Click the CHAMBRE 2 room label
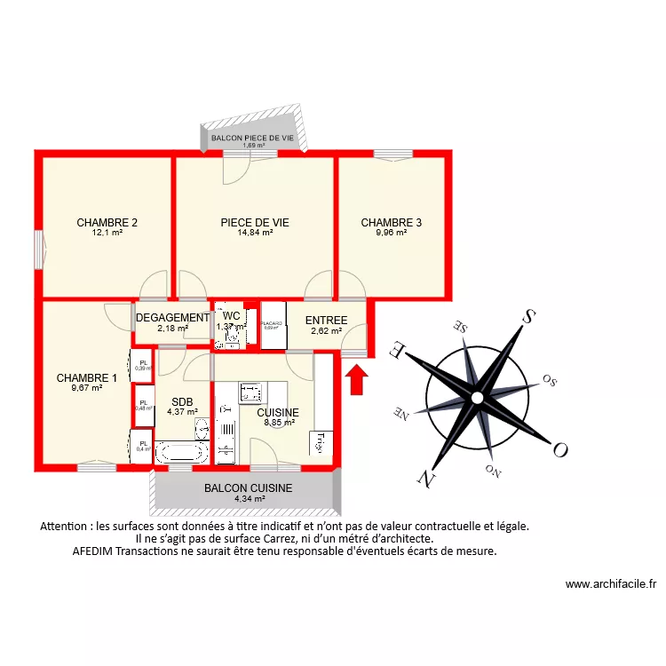[x=107, y=223]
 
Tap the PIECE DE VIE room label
[x=255, y=223]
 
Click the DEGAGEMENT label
[x=172, y=317]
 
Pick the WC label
[x=231, y=316]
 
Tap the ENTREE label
[x=326, y=321]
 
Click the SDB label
[x=182, y=401]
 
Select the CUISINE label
[x=278, y=413]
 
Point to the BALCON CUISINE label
[x=248, y=488]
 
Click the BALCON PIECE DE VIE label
[x=252, y=139]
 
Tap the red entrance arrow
[x=355, y=380]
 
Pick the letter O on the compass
[x=559, y=449]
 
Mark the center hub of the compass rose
[x=477, y=396]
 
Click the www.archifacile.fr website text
[x=610, y=584]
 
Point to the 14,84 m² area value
[x=255, y=234]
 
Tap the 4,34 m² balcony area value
[x=250, y=499]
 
